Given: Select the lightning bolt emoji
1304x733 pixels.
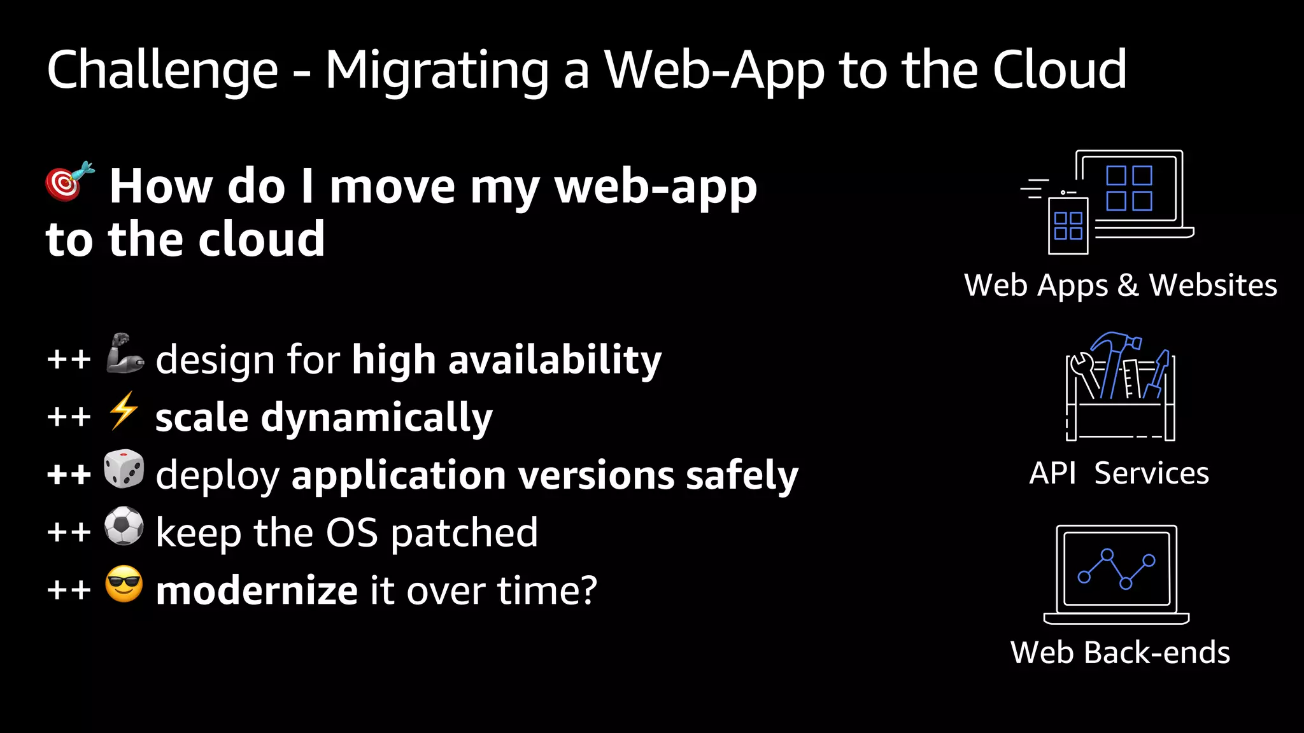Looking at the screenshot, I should click(123, 410).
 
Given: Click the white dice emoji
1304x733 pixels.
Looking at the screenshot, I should click(124, 469).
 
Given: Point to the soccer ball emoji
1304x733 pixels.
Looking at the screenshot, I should click(124, 526).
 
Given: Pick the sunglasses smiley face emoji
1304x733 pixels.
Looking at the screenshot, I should click(124, 583).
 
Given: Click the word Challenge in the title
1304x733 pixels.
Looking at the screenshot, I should click(163, 70).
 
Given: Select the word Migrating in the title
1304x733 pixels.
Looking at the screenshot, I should click(437, 70).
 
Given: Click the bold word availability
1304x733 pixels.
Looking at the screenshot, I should click(555, 360).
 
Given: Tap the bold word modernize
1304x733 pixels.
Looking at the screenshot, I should click(257, 590).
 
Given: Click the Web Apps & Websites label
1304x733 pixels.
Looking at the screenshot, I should click(1121, 285).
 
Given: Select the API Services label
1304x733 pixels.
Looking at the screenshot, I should click(1119, 473).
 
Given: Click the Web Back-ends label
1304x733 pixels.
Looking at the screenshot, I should click(1120, 653).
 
